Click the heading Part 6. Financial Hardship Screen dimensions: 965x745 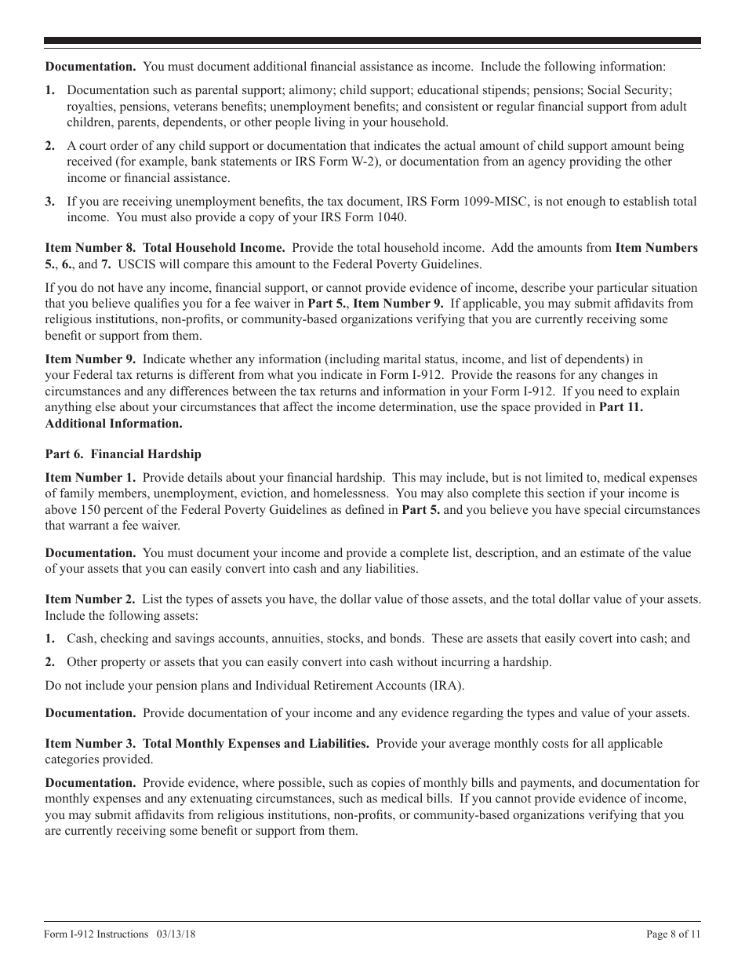pyautogui.click(x=123, y=454)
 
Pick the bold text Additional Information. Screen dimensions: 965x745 pyautogui.click(x=114, y=424)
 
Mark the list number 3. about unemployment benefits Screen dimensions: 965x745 pyautogui.click(x=50, y=202)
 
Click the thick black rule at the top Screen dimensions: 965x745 pyautogui.click(x=372, y=41)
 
